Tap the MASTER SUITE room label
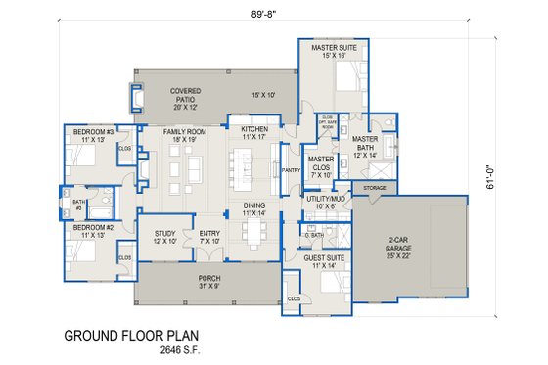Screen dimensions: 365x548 click(333, 47)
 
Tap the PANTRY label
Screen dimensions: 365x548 click(291, 169)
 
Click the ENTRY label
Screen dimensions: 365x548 click(209, 233)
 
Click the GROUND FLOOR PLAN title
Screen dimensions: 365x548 click(130, 336)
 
